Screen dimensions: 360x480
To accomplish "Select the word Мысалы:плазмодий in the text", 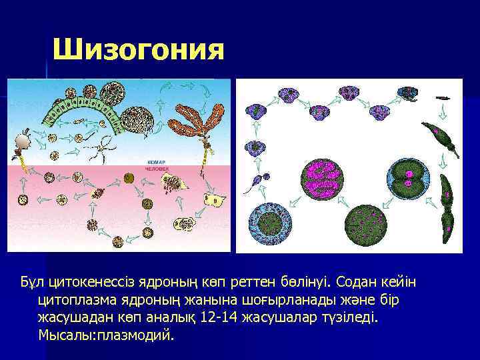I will (106, 334).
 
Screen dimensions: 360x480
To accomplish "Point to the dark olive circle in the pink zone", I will (129, 177).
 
